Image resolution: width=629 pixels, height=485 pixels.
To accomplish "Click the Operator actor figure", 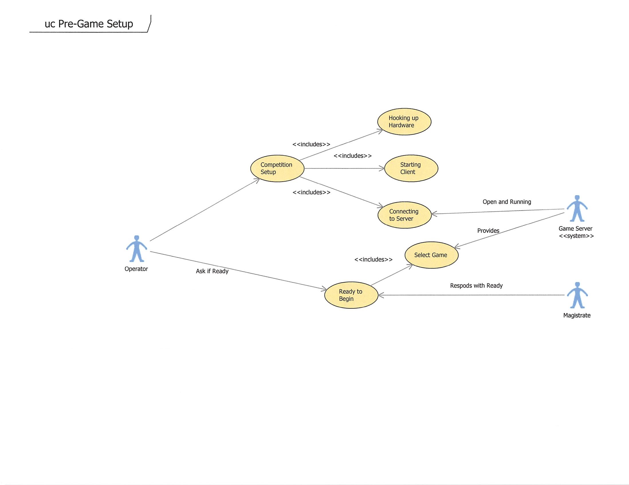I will tap(137, 249).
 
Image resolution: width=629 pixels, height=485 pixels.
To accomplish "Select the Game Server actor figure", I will tap(577, 209).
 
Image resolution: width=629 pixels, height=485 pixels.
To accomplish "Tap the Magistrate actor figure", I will tap(577, 295).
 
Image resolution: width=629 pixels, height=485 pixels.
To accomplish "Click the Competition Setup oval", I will tap(277, 169).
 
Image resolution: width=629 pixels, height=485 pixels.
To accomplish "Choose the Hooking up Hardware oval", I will tap(404, 122).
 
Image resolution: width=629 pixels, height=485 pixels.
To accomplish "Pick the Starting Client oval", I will tap(411, 169).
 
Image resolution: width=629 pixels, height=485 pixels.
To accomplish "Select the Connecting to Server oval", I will tap(404, 215).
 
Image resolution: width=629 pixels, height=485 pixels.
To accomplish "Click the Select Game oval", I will tap(431, 255).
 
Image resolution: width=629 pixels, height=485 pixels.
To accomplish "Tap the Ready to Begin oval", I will tap(351, 295).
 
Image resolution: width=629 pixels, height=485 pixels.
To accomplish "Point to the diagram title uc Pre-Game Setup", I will tap(89, 24).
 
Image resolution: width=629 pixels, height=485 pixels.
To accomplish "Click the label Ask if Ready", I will tap(212, 271).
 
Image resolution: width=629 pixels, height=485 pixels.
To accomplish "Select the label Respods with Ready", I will tap(476, 286).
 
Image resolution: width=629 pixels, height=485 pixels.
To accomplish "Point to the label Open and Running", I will tap(507, 202).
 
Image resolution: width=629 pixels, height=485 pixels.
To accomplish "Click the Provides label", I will tap(488, 231).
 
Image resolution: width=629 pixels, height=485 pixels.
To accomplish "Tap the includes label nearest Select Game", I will tap(373, 260).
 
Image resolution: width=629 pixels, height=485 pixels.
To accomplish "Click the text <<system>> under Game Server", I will tap(576, 236).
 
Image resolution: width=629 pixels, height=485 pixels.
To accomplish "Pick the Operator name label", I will tap(136, 269).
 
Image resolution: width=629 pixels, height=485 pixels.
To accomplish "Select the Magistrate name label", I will tap(577, 316).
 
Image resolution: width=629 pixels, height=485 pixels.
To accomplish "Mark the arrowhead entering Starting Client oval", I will tap(382, 169).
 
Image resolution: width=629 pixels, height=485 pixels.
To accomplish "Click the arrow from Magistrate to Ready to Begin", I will tap(472, 295).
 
